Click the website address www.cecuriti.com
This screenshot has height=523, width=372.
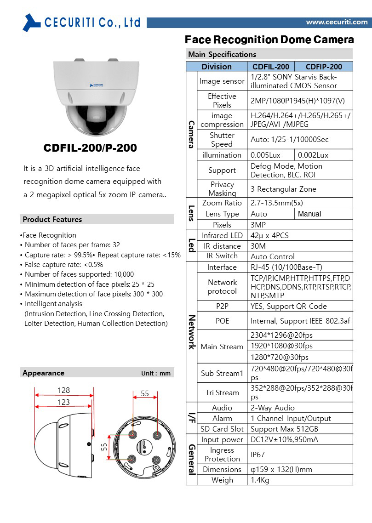pyautogui.click(x=337, y=22)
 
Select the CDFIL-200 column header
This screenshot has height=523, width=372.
pyautogui.click(x=271, y=67)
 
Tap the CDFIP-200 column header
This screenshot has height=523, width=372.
pyautogui.click(x=324, y=67)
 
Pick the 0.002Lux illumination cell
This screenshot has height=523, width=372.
pyautogui.click(x=313, y=155)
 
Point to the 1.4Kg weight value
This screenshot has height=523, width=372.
pyautogui.click(x=260, y=480)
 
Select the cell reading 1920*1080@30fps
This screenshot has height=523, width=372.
pyautogui.click(x=281, y=346)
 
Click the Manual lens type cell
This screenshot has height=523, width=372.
pyautogui.click(x=309, y=214)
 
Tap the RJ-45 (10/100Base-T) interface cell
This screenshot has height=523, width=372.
pyautogui.click(x=286, y=267)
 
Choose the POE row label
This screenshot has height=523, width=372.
pyautogui.click(x=222, y=321)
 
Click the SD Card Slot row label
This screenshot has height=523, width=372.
pyautogui.click(x=222, y=429)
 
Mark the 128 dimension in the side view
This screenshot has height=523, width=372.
pyautogui.click(x=63, y=390)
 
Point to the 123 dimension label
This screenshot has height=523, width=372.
pyautogui.click(x=63, y=402)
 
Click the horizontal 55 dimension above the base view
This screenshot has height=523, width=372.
pyautogui.click(x=145, y=393)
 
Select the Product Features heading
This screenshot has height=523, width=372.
pyautogui.click(x=52, y=219)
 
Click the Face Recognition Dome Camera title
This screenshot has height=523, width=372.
pyautogui.click(x=269, y=40)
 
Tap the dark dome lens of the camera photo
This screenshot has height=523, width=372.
pyautogui.click(x=94, y=117)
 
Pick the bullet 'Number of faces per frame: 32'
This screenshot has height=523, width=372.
pyautogui.click(x=72, y=245)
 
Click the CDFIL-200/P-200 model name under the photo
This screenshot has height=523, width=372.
pyautogui.click(x=90, y=148)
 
